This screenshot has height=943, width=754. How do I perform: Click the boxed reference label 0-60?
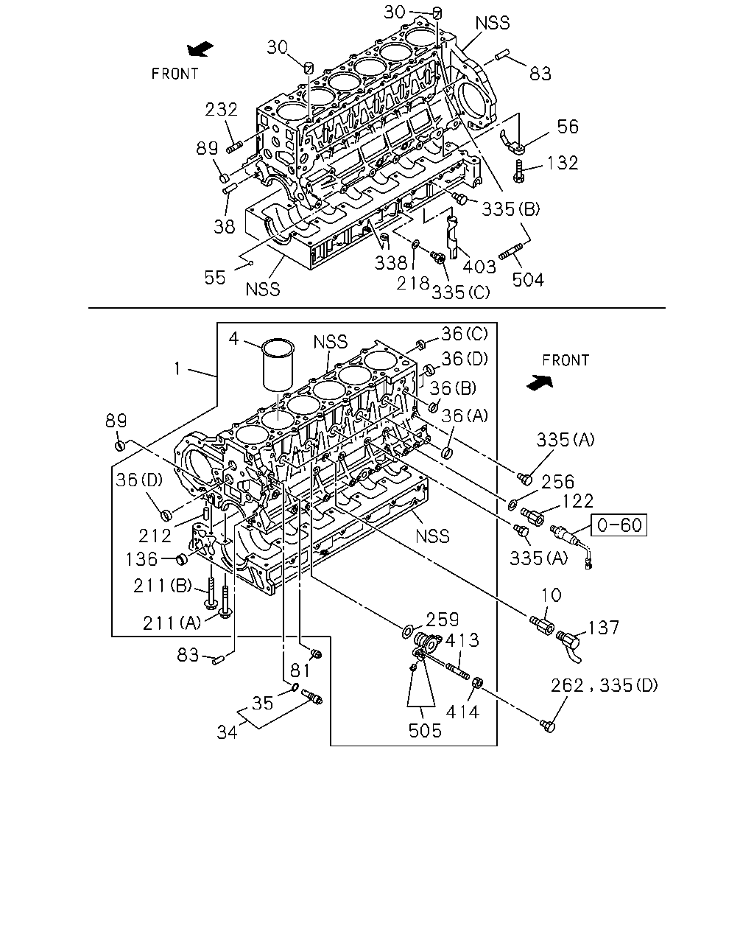[x=619, y=525]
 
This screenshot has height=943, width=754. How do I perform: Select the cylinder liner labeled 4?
[x=278, y=365]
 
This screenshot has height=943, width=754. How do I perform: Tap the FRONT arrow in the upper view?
[x=200, y=49]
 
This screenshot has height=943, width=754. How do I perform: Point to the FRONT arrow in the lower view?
[x=540, y=382]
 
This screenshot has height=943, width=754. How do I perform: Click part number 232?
[x=221, y=109]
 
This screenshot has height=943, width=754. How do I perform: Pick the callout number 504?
[x=528, y=279]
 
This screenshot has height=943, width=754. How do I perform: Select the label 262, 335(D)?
[x=605, y=685]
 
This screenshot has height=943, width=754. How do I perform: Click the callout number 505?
[x=425, y=731]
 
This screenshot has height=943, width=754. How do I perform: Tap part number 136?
[x=141, y=559]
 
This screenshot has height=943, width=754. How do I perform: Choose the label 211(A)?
[x=172, y=623]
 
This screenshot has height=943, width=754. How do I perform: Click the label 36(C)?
[x=465, y=334]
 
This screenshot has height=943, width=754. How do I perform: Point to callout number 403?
[x=479, y=267]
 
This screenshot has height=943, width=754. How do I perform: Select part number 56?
[x=568, y=127]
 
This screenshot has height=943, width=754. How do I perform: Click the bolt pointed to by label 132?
[x=518, y=172]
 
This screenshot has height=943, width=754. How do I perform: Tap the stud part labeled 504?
[x=511, y=252]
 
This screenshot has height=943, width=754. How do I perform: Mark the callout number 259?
[x=442, y=620]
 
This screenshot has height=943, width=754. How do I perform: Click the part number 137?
[x=603, y=628]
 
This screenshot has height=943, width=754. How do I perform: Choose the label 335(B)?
[x=511, y=209]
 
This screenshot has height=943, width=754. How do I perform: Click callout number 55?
[x=215, y=278]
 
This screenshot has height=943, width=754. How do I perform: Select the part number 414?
[x=462, y=712]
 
